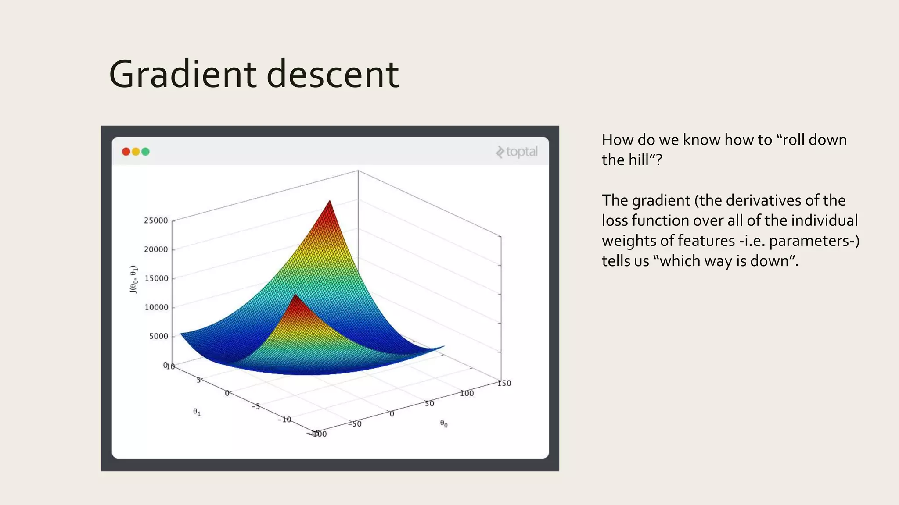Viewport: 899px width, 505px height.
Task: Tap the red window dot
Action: point(126,152)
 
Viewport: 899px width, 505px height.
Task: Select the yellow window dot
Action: point(136,152)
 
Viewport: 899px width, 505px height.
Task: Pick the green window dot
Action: point(145,152)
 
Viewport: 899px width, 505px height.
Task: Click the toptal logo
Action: point(517,152)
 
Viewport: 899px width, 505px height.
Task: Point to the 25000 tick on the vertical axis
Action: point(156,220)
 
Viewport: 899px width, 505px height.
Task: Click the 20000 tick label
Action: point(156,249)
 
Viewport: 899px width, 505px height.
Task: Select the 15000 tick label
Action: point(156,278)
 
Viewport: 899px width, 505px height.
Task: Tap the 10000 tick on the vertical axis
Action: point(156,307)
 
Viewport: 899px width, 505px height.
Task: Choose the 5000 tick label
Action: point(158,336)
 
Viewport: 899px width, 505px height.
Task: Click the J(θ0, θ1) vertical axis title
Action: point(133,279)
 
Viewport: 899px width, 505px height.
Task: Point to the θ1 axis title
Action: point(197,412)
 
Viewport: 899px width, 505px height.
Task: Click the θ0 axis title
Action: point(444,423)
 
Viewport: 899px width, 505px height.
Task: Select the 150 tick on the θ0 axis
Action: point(504,383)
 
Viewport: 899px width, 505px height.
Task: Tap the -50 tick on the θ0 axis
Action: point(355,424)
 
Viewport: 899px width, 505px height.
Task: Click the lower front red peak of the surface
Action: point(295,296)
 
